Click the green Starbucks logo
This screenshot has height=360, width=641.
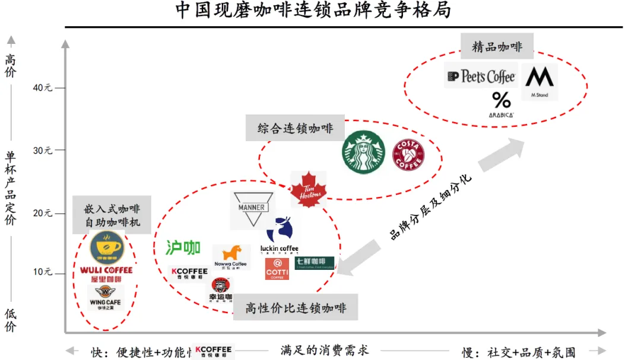pos(363,152)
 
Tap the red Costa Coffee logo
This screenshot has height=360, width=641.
pos(408,155)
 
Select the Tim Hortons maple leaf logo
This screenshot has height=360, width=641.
pos(309,189)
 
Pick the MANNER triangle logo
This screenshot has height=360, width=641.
pos(252,209)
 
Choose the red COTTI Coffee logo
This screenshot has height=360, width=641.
pos(277,269)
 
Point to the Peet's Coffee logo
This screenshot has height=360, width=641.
pos(481,77)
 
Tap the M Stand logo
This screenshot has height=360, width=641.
pos(540,81)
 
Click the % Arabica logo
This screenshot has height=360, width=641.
pos(502,104)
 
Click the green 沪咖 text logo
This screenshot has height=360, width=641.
pos(183,247)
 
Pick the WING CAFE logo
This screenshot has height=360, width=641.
pos(106,297)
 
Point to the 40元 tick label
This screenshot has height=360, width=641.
pos(43,88)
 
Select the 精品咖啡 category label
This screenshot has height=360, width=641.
pos(497,47)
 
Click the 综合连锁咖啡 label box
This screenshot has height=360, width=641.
pos(295,128)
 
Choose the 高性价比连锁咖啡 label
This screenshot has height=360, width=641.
pos(295,308)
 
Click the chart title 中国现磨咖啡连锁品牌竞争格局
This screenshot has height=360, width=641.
pos(313,11)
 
